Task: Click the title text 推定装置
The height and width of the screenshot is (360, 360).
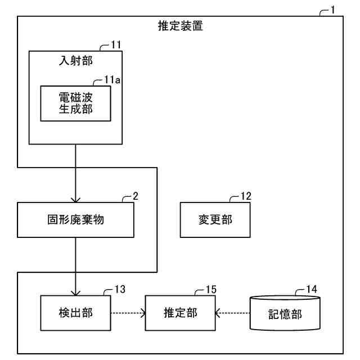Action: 180,26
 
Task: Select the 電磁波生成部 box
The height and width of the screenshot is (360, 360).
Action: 75,103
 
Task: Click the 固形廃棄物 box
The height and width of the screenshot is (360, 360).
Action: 76,220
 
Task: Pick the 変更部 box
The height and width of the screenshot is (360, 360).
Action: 215,220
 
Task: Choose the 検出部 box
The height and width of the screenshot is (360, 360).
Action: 75,313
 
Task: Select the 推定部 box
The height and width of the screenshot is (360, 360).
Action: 180,313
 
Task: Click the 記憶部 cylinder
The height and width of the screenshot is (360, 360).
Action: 285,313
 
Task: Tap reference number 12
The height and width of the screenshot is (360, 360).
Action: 245,196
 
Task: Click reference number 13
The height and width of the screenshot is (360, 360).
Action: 119,290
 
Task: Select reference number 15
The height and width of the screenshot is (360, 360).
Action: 210,290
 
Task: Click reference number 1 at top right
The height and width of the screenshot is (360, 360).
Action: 332,10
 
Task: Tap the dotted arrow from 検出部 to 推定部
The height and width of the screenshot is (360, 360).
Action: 128,313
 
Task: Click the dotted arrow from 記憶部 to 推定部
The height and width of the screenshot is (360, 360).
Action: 232,313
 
